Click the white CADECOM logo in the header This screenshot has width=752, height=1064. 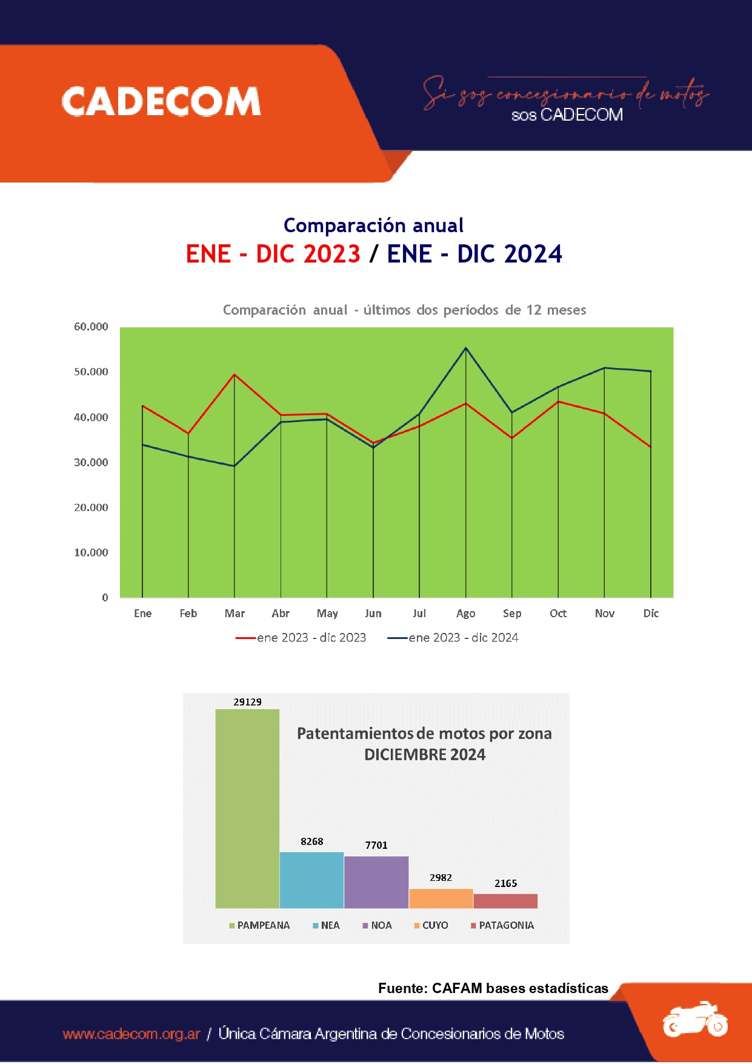(161, 101)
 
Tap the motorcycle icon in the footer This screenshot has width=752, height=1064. (694, 1020)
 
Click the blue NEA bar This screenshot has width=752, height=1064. (311, 880)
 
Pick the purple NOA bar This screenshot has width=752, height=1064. (376, 882)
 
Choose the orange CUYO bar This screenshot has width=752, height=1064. (441, 898)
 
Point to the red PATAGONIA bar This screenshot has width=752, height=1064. (505, 901)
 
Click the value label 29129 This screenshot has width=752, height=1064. (247, 702)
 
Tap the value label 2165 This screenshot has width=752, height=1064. (505, 883)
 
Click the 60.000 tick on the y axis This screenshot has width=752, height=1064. (91, 327)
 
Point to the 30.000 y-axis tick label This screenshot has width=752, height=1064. (91, 463)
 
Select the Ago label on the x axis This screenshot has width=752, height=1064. (465, 614)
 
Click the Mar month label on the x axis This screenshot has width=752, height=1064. (235, 614)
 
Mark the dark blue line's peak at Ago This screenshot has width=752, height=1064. (465, 348)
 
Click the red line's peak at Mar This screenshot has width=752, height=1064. (235, 375)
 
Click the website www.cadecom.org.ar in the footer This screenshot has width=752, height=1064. (131, 1034)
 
